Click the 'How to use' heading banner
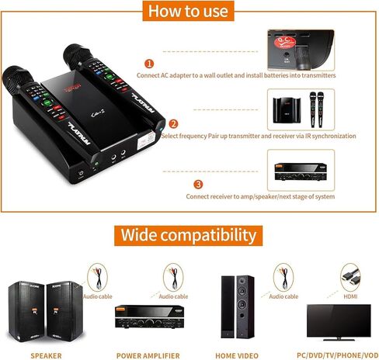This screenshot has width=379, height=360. click(189, 11)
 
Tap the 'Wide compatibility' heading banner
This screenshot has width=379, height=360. click(189, 234)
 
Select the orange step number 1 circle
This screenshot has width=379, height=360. click(149, 63)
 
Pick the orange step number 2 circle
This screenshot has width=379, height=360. click(174, 123)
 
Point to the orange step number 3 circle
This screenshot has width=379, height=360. click(197, 184)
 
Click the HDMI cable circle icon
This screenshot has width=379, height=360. click(349, 275)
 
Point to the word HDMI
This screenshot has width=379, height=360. click(350, 296)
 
